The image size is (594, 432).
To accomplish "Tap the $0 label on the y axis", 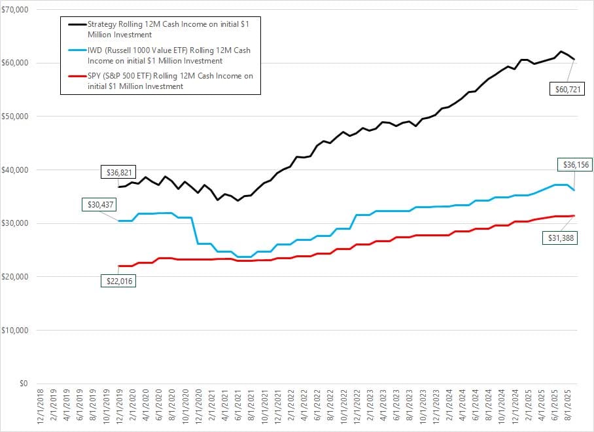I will tap(24, 384).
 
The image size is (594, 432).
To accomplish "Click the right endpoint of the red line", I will tap(574, 215).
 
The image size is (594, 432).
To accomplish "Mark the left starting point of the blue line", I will tap(118, 221).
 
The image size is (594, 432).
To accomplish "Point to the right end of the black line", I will tap(574, 59).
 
